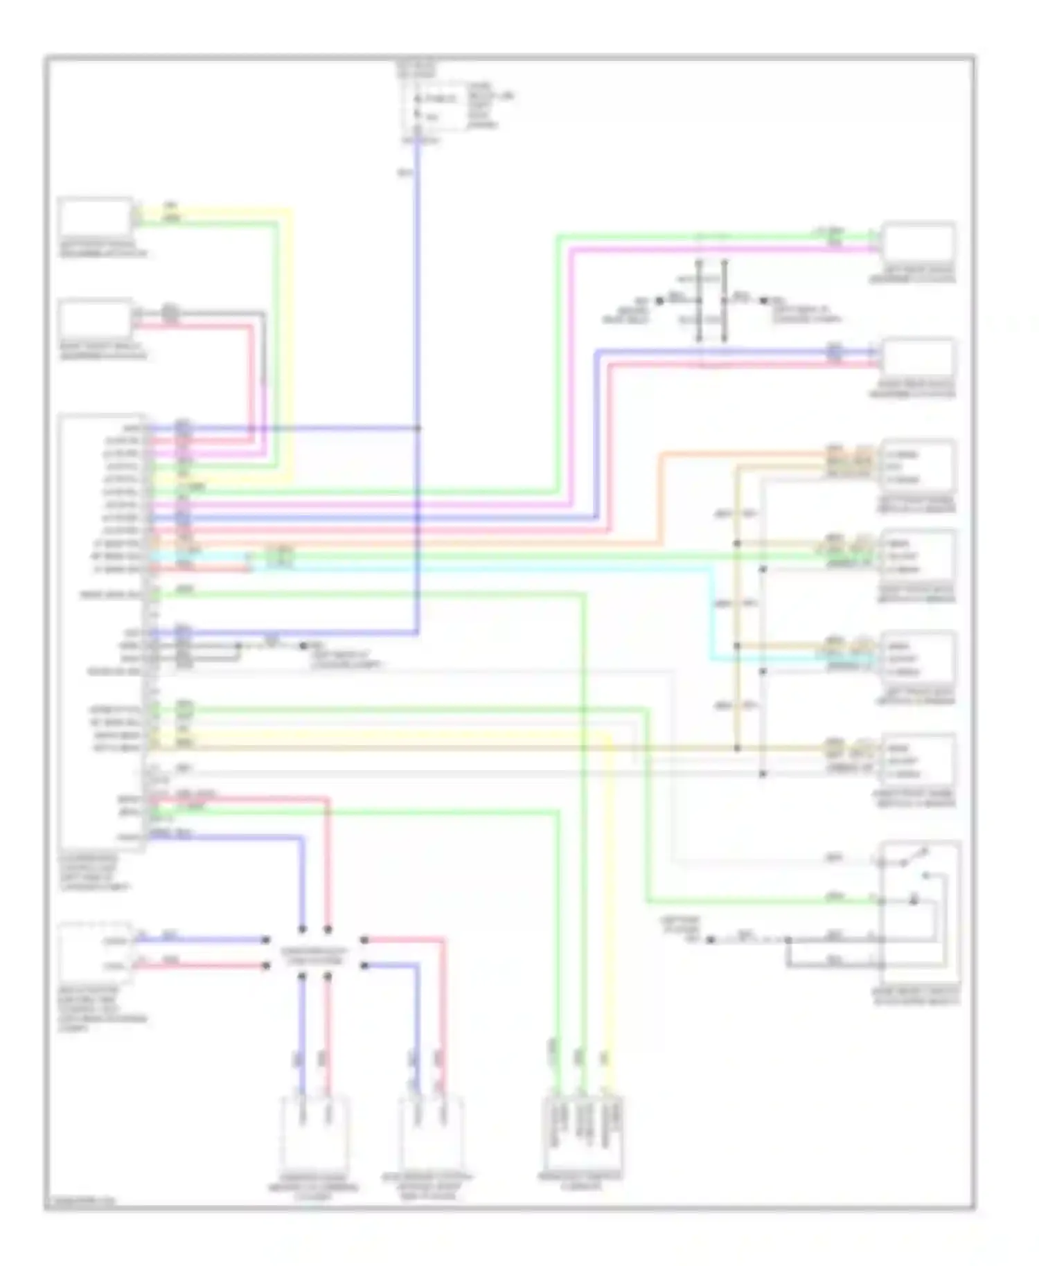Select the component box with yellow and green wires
point(96,217)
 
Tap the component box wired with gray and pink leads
point(96,319)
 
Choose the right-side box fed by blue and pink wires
point(918,359)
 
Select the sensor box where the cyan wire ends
point(918,658)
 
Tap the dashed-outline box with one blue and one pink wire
point(96,953)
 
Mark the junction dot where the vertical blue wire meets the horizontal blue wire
point(418,429)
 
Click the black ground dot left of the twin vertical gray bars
point(659,301)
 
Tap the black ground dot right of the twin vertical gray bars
point(763,301)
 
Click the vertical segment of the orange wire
point(660,499)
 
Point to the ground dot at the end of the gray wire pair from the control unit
point(303,645)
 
